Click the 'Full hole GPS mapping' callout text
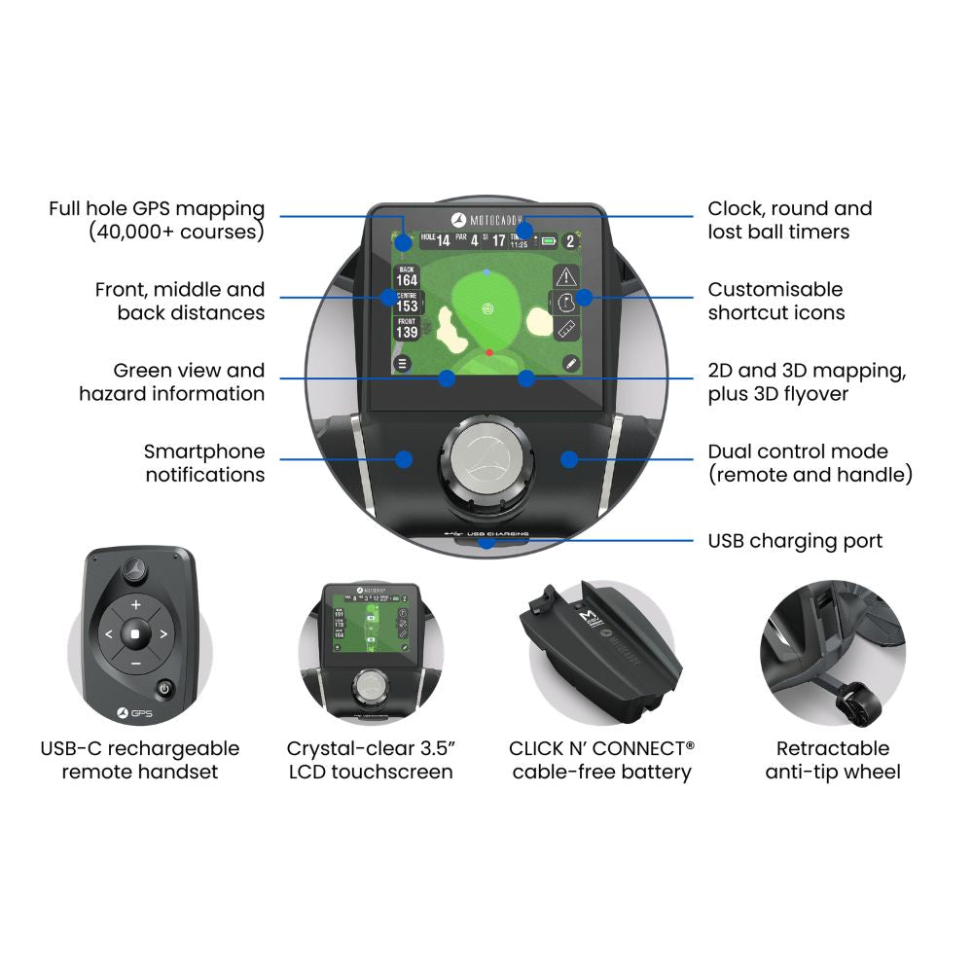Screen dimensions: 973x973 coord(157,220)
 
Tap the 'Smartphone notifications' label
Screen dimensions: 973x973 coord(204,463)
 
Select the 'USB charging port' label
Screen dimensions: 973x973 coord(795,540)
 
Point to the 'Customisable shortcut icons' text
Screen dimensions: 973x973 coord(775,301)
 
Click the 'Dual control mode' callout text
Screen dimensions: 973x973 coord(810,463)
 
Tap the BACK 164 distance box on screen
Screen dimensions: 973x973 coord(407,275)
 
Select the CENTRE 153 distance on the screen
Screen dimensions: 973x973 coord(407,302)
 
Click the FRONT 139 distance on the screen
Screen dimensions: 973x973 coord(407,329)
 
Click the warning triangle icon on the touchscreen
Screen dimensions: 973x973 coord(566,275)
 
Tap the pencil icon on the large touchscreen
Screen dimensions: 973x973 coord(569,363)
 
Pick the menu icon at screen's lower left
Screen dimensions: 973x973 coord(402,363)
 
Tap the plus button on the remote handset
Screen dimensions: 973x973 coord(135,605)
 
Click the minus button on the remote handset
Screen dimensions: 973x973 coord(135,664)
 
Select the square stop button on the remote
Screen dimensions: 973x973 coord(135,634)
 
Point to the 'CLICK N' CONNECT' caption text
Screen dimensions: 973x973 coord(601,748)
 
